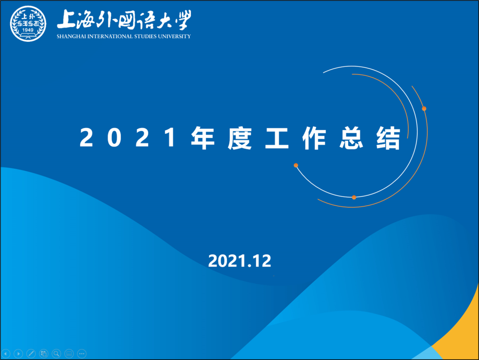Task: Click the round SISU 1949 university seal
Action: [28, 24]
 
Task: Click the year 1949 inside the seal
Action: [28, 30]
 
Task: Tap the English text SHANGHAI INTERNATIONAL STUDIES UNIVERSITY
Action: [124, 36]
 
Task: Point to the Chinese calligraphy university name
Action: [124, 20]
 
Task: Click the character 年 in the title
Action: [203, 138]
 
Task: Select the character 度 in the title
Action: [240, 138]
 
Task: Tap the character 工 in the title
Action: [277, 138]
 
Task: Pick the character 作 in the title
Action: [314, 138]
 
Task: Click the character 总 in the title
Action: [351, 138]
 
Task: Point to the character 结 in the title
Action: [388, 138]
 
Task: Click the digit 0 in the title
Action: [114, 138]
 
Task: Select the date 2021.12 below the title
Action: [239, 261]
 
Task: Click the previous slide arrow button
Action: [6, 354]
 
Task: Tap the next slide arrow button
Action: [18, 354]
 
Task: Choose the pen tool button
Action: [31, 354]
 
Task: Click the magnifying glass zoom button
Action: [56, 354]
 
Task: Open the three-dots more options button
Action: [82, 354]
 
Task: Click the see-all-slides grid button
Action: [43, 354]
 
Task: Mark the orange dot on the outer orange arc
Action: [424, 109]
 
